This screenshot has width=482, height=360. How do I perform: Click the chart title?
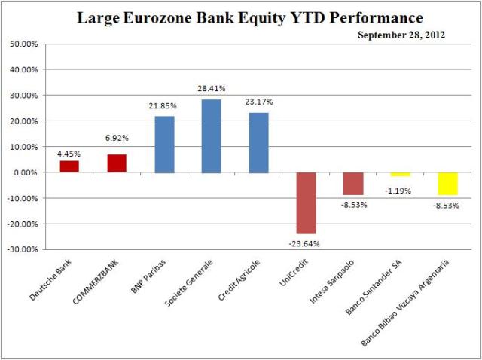(250, 17)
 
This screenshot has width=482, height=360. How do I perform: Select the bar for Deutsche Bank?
(69, 166)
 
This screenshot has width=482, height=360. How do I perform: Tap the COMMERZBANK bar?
(116, 163)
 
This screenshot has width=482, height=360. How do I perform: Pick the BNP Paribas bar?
(164, 145)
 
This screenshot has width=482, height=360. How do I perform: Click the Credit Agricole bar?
(259, 143)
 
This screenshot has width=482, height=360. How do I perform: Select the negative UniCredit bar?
(307, 203)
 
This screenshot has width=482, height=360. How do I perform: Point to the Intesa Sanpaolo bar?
(353, 184)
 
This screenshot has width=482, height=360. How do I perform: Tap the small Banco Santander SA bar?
(401, 174)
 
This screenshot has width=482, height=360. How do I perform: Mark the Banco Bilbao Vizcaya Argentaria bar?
(448, 184)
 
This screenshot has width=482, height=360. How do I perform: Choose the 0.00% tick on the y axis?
(27, 172)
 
